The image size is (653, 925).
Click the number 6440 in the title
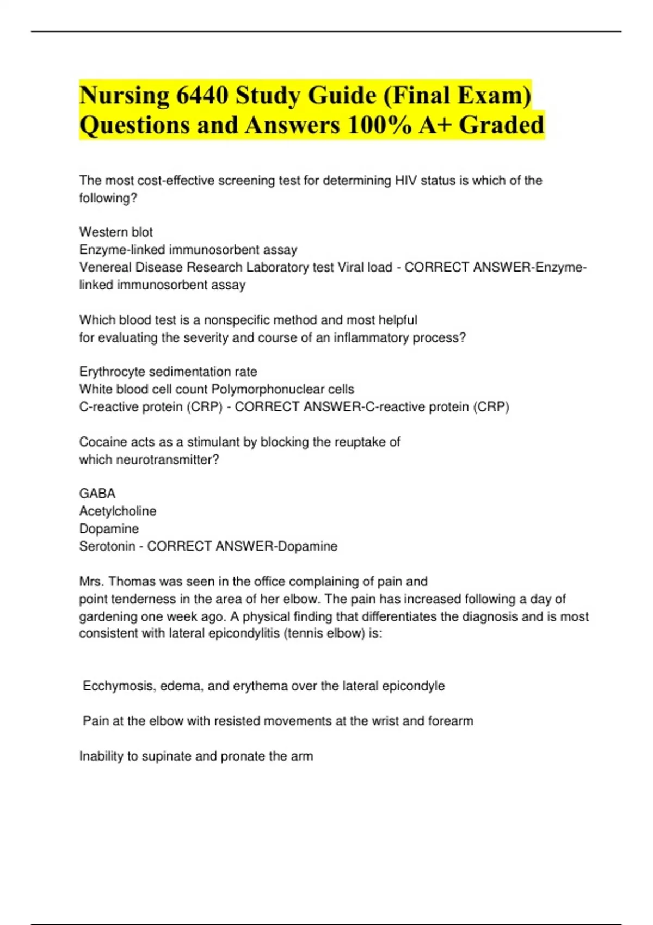point(202,96)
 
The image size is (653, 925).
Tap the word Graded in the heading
point(501,125)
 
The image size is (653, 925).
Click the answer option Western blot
point(116,232)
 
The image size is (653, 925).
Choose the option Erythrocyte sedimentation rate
point(168,372)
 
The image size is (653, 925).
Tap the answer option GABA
point(97,494)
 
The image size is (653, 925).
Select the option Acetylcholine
point(118,511)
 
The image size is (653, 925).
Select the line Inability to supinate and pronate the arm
point(196,756)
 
